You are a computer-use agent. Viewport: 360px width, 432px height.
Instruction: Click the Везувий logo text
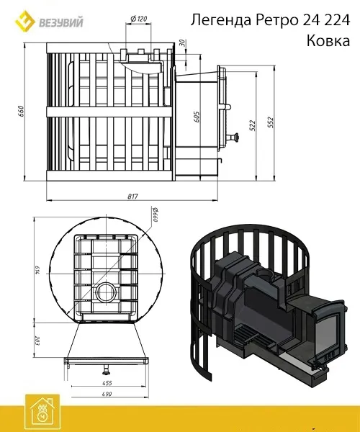(61, 22)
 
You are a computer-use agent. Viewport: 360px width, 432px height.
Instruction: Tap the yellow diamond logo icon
(24, 20)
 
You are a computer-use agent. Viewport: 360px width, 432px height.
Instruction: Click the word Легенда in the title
(222, 20)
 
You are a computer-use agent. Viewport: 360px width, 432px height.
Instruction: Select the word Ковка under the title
(328, 41)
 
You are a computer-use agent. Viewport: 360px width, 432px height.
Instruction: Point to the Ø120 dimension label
(138, 19)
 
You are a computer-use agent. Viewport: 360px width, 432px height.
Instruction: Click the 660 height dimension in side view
(22, 111)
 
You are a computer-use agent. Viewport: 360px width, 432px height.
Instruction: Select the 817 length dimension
(132, 197)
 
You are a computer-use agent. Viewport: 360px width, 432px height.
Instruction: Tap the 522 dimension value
(253, 125)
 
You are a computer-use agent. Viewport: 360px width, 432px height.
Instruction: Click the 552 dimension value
(271, 122)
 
